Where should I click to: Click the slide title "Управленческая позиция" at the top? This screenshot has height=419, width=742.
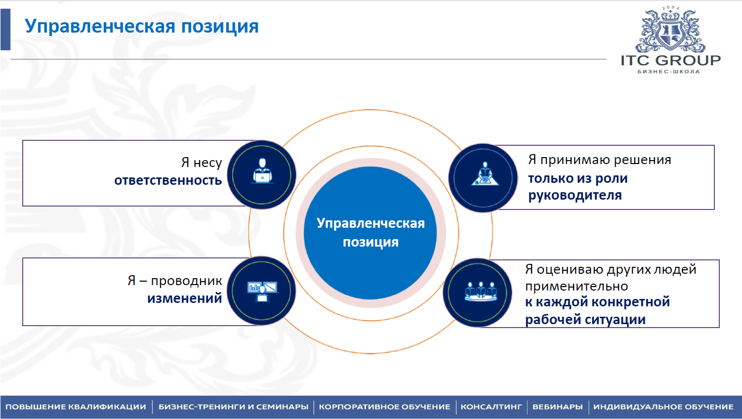point(142,27)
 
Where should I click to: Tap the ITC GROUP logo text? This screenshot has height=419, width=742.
point(671,61)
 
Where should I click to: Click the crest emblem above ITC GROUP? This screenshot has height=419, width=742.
point(670,31)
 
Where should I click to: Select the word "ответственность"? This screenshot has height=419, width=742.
point(168,180)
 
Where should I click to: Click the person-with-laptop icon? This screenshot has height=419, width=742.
point(262,171)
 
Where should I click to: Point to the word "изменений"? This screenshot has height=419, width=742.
point(184,298)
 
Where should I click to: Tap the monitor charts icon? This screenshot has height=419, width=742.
point(262,291)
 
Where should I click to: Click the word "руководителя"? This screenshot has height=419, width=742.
point(575,196)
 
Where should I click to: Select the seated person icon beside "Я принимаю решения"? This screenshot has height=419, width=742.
point(485,173)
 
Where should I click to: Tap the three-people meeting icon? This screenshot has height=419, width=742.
point(481,292)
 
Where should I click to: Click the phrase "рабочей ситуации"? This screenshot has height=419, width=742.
point(585,320)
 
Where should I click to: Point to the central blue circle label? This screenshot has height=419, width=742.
point(371,233)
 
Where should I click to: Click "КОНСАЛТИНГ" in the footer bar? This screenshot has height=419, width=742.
point(491,407)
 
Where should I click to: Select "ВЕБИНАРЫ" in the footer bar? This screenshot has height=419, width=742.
point(558,407)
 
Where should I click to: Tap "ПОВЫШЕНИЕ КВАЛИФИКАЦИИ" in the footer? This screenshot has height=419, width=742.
point(76,407)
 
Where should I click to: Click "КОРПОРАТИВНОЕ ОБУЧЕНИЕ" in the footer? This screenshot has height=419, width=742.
point(384,407)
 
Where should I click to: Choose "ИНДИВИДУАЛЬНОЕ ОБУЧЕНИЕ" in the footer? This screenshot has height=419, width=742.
point(663,407)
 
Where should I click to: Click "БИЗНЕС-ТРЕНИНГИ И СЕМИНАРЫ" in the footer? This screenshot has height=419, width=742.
point(233,407)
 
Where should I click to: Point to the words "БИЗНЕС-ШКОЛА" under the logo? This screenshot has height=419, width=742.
point(669,72)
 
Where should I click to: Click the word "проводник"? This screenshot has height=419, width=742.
point(187,281)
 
